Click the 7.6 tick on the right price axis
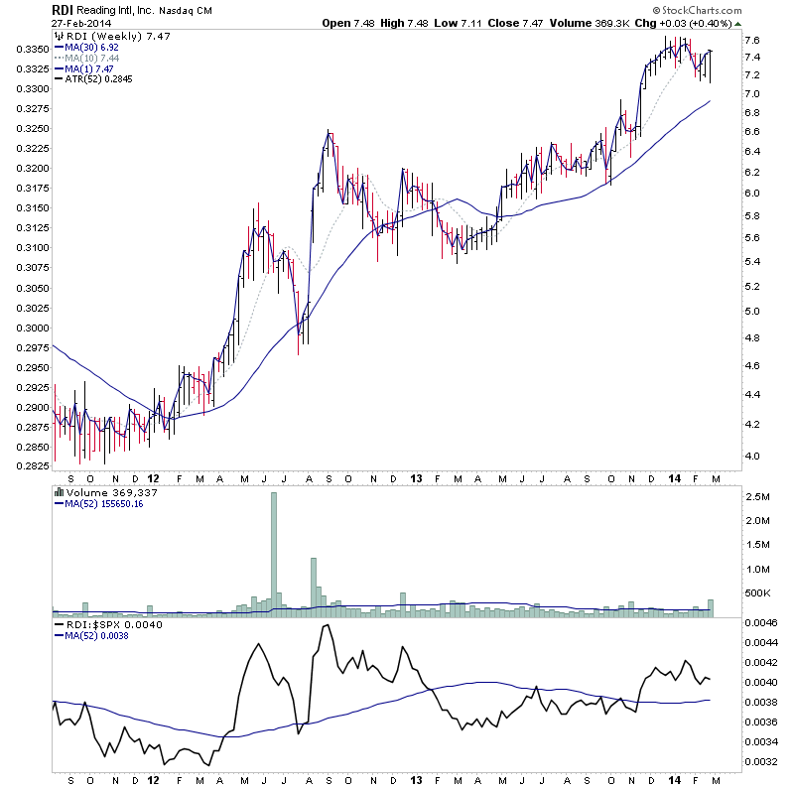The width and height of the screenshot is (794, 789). click(x=752, y=40)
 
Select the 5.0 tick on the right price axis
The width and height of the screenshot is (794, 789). click(x=752, y=312)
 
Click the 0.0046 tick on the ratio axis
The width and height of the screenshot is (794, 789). click(x=759, y=622)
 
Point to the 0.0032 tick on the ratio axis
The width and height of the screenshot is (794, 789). click(x=759, y=762)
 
